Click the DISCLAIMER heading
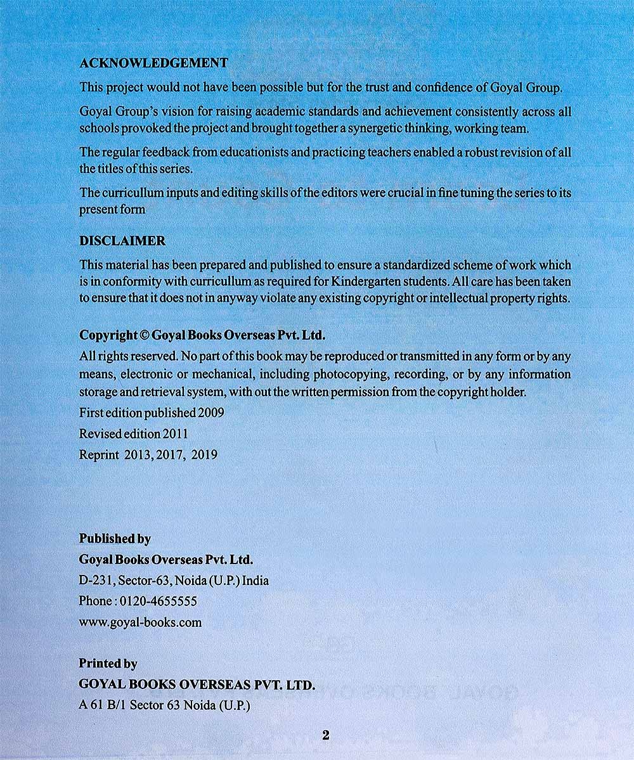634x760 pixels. pos(122,242)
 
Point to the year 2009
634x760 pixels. pos(211,413)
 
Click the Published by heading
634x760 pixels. pos(115,539)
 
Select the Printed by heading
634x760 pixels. pos(108,664)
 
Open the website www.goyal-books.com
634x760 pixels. pos(140,622)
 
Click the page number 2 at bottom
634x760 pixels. pos(326,736)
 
